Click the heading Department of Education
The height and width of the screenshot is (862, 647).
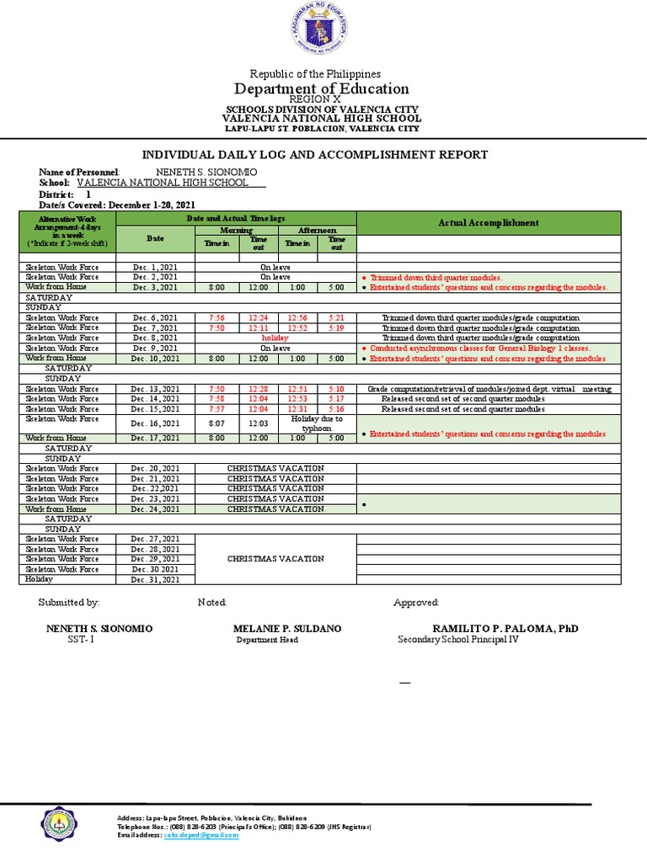point(323,88)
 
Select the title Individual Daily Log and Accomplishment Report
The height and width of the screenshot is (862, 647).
point(314,155)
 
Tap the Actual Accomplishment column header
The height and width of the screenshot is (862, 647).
point(488,222)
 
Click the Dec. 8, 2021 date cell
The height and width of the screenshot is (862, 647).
point(156,338)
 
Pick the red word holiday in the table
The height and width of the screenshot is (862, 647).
point(275,338)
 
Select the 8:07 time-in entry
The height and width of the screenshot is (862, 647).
point(217,423)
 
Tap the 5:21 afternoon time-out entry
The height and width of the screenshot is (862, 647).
point(336,317)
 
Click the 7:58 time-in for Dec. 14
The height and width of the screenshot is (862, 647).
point(217,399)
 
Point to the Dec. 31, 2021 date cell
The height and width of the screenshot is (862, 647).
point(156,579)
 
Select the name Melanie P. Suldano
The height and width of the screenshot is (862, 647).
point(287,629)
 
